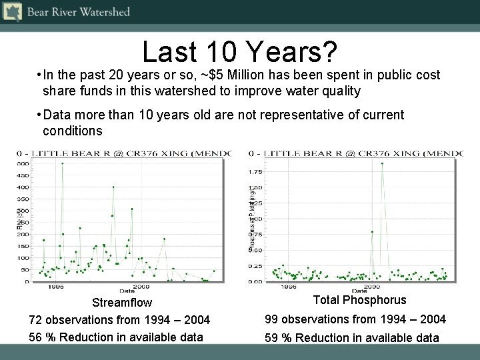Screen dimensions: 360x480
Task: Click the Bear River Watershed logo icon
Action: (x=12, y=12)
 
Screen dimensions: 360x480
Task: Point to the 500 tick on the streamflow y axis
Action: (x=23, y=163)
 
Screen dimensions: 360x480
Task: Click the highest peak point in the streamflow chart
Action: (x=63, y=163)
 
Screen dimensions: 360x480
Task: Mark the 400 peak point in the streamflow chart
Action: (x=113, y=187)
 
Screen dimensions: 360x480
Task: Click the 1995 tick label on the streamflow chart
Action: (x=55, y=287)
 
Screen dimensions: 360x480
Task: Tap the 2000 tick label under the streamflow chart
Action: (x=141, y=287)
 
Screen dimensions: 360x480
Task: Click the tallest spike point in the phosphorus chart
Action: (x=382, y=163)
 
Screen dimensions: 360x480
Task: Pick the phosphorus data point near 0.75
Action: (x=372, y=231)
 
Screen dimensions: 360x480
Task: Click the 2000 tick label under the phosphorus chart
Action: (x=372, y=287)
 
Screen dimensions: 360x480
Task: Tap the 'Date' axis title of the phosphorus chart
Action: (x=359, y=291)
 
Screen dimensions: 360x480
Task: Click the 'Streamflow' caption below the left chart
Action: (x=121, y=303)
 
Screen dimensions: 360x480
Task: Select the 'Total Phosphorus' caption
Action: (x=359, y=300)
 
